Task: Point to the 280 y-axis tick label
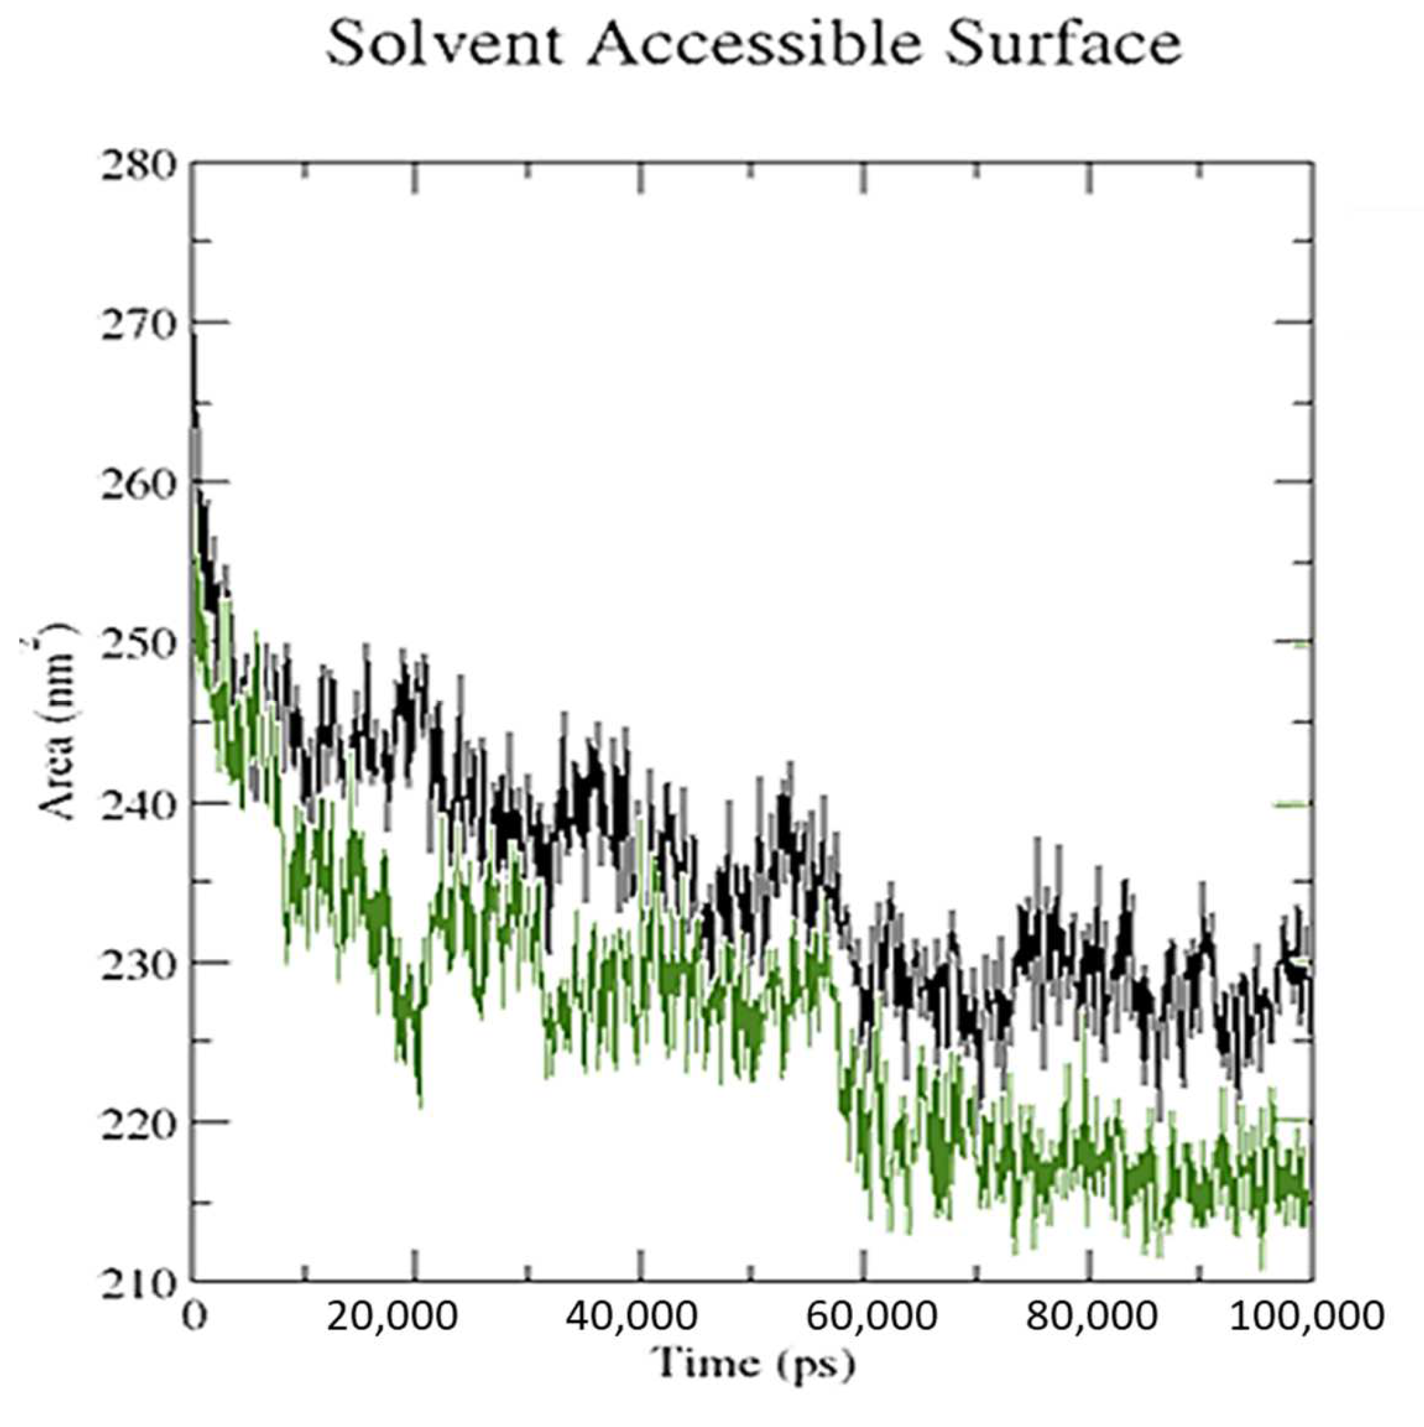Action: click(x=138, y=164)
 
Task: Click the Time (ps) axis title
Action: click(x=754, y=1363)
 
